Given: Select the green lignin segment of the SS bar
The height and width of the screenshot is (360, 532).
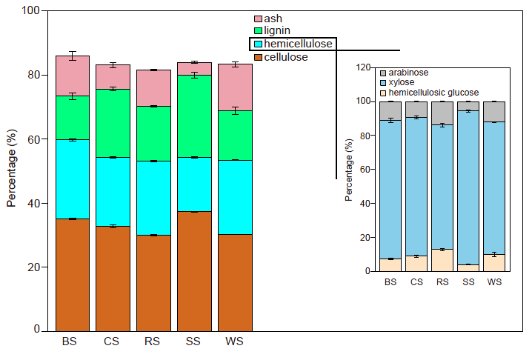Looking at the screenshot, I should click(x=193, y=116).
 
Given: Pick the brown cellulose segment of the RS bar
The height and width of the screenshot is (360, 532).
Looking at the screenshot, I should click(x=153, y=282).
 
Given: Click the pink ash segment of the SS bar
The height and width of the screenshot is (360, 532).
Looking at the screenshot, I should click(x=193, y=68).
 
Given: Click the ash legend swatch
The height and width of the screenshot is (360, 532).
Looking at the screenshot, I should click(x=258, y=18).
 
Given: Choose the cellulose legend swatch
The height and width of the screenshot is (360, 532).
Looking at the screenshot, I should click(x=258, y=57).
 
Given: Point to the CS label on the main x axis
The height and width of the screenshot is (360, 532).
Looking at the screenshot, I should click(x=113, y=342).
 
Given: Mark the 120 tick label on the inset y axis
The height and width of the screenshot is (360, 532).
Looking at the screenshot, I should click(x=361, y=67).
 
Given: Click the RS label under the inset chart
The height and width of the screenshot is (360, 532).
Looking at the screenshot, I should click(x=442, y=282).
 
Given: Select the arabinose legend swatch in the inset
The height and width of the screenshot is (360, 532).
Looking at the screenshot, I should click(x=383, y=73).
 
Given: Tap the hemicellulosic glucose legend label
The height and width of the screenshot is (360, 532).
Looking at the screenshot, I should click(x=434, y=93).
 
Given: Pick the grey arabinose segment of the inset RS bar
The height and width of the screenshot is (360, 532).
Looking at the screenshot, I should click(x=442, y=113).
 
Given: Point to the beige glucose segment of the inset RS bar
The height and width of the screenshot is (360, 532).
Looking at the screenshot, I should click(x=442, y=260).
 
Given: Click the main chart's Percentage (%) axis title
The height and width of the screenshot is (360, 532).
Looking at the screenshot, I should click(x=11, y=171).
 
